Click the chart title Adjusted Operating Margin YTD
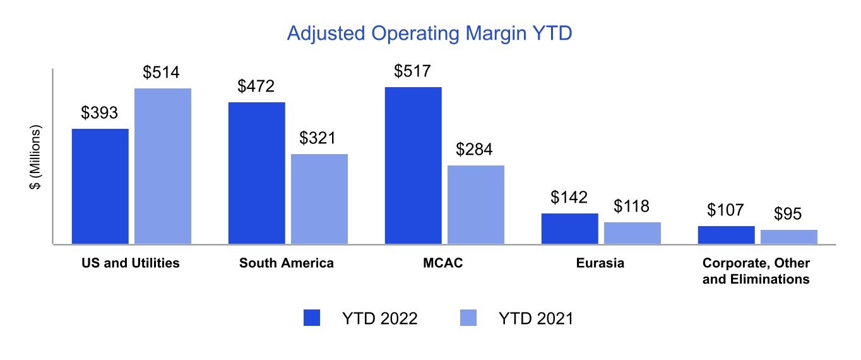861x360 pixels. tap(429, 33)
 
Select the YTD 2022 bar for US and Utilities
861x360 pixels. tap(100, 186)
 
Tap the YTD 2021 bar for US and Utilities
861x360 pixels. tap(163, 166)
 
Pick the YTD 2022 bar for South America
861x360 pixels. tap(256, 173)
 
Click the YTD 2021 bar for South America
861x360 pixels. tap(319, 199)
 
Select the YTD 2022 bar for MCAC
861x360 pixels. tap(413, 165)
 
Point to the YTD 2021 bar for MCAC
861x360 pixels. tap(476, 205)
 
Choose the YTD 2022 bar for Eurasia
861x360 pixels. tap(569, 229)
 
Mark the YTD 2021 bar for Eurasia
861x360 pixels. tap(632, 233)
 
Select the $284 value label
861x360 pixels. tap(475, 150)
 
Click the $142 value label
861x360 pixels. tap(569, 198)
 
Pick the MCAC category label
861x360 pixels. tap(442, 263)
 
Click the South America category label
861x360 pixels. tap(287, 263)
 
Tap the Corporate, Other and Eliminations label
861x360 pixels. tap(756, 271)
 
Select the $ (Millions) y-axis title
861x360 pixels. tap(35, 157)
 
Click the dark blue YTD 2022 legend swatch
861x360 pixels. tap(312, 318)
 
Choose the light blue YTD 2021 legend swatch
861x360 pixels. tap(468, 318)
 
